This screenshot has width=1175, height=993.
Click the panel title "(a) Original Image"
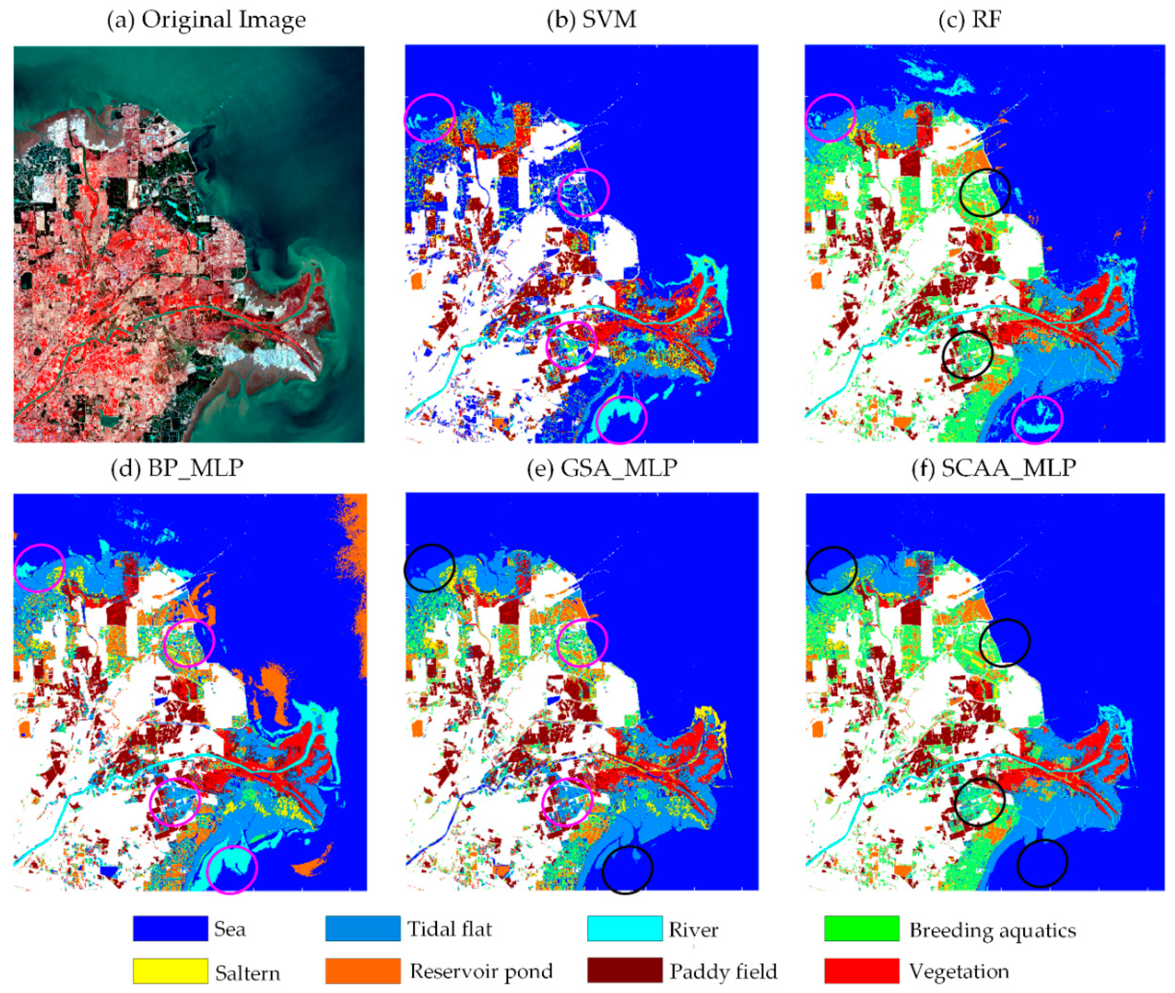coord(206,20)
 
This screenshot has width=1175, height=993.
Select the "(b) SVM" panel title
coord(592,20)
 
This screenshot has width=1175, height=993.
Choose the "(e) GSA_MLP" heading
coord(602,468)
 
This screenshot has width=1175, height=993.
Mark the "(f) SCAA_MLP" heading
coord(994,468)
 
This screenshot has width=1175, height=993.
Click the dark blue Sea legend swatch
coord(170,928)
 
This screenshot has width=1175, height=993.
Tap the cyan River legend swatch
coord(625,928)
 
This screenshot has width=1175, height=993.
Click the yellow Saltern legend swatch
coord(170,971)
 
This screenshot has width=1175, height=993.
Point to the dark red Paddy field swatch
coord(625,971)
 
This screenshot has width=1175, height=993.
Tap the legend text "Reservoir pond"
coord(481,971)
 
